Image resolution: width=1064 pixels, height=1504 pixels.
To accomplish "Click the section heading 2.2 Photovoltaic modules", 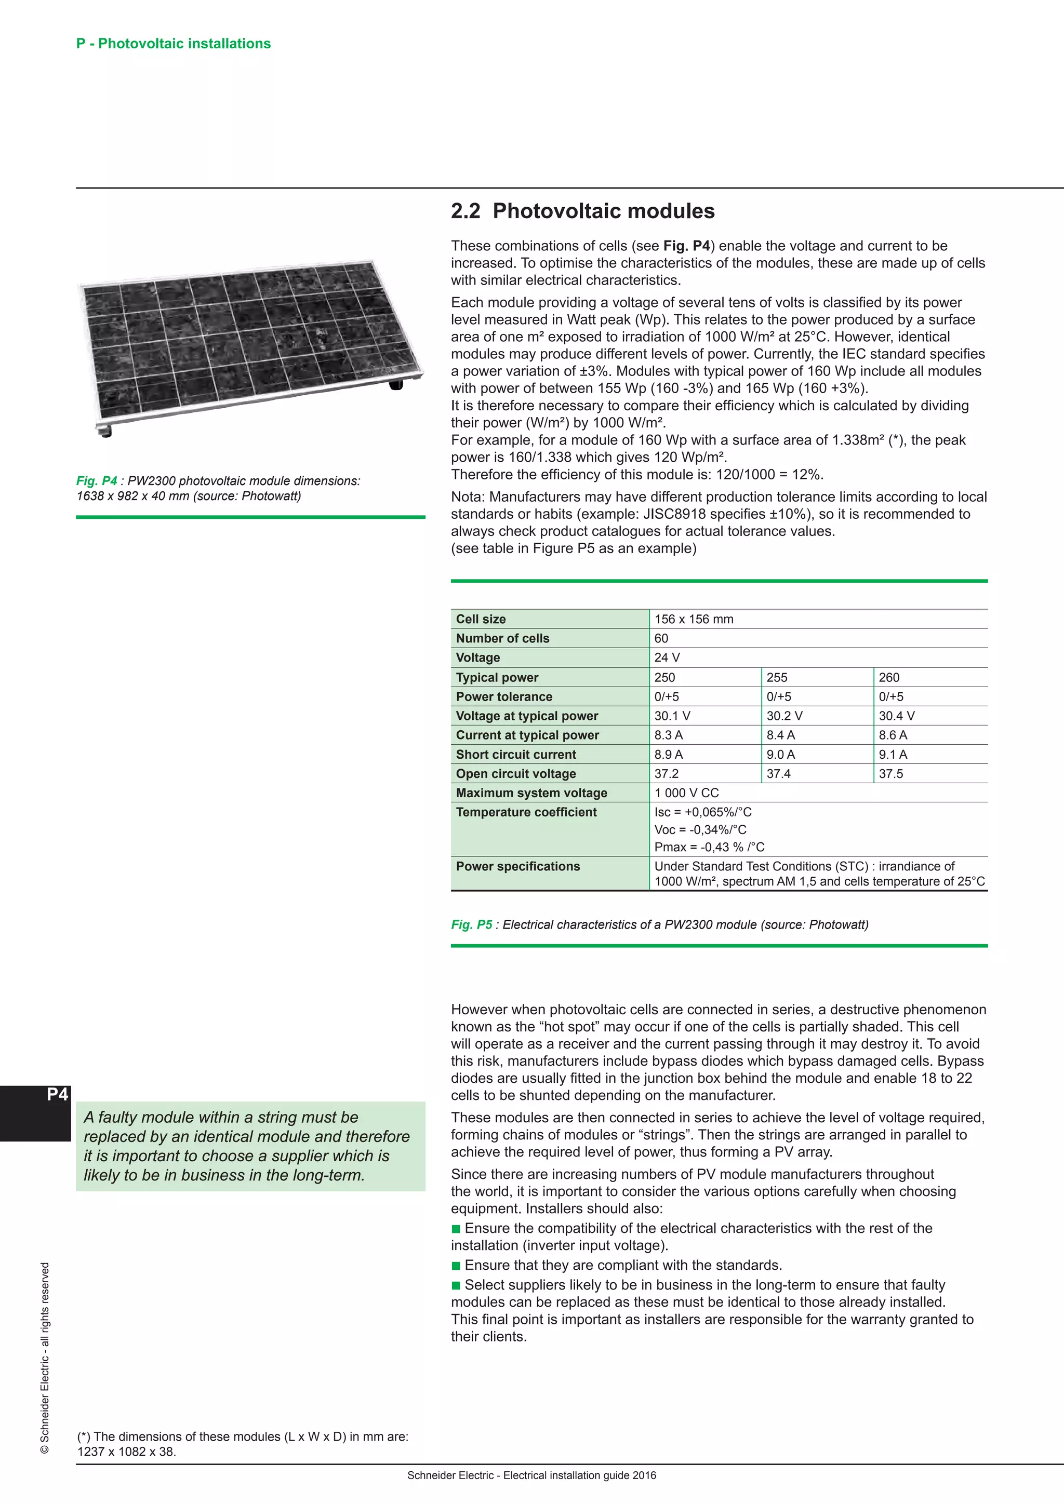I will [x=582, y=211].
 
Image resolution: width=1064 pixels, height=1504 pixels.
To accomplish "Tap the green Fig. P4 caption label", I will [x=96, y=481].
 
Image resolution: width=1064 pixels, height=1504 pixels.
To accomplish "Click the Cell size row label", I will [x=481, y=619].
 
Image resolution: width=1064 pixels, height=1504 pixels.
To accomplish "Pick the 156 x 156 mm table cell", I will [x=694, y=619].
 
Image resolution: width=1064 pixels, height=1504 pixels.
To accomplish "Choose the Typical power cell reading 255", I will [x=777, y=677].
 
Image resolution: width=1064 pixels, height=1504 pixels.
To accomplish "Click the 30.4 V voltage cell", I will [x=896, y=716].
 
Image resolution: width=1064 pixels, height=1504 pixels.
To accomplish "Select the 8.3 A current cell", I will [x=668, y=735].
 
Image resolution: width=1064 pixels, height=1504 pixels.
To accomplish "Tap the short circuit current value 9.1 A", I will [x=893, y=755].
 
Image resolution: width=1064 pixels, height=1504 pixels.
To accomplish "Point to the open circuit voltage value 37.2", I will [x=667, y=774].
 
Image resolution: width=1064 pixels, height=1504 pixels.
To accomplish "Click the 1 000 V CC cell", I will [x=687, y=793].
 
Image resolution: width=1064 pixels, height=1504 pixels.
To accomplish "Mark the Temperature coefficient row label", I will [x=526, y=812].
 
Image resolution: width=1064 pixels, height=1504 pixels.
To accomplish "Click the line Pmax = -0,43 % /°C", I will [x=709, y=847].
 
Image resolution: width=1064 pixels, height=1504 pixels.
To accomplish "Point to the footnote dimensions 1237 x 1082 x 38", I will [x=126, y=1452].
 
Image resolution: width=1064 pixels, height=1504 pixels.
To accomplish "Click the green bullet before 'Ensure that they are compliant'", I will [x=456, y=1266].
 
